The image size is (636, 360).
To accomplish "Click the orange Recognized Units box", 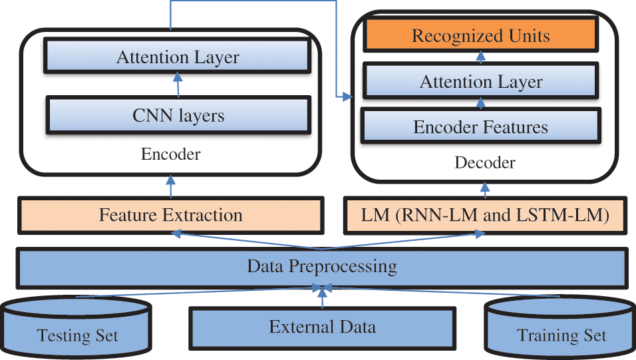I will click(x=480, y=36).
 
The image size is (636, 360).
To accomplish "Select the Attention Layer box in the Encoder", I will click(x=177, y=57).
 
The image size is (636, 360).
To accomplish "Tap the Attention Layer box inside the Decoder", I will click(x=480, y=82).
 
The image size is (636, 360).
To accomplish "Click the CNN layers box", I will click(x=178, y=115).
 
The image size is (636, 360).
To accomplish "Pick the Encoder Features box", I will click(x=480, y=126).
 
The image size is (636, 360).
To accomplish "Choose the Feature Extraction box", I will click(x=170, y=215).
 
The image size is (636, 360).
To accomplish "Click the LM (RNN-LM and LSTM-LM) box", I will click(x=485, y=215).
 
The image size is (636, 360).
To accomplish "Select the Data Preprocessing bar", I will click(x=321, y=267).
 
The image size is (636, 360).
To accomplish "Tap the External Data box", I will click(x=322, y=327).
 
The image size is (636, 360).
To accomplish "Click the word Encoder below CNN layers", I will click(x=170, y=154).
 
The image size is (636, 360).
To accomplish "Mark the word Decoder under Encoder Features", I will click(x=485, y=162).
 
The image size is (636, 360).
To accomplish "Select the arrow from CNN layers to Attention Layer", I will click(x=178, y=85).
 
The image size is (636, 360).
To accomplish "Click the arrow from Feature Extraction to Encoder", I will click(x=171, y=186).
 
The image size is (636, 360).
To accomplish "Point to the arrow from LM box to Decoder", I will click(x=486, y=188).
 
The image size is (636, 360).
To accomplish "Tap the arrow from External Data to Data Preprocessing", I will click(x=322, y=298).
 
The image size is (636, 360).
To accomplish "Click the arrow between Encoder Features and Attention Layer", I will click(x=481, y=103).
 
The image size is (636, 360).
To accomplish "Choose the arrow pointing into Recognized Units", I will click(x=481, y=57).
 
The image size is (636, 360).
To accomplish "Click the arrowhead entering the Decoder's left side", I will click(x=346, y=98).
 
